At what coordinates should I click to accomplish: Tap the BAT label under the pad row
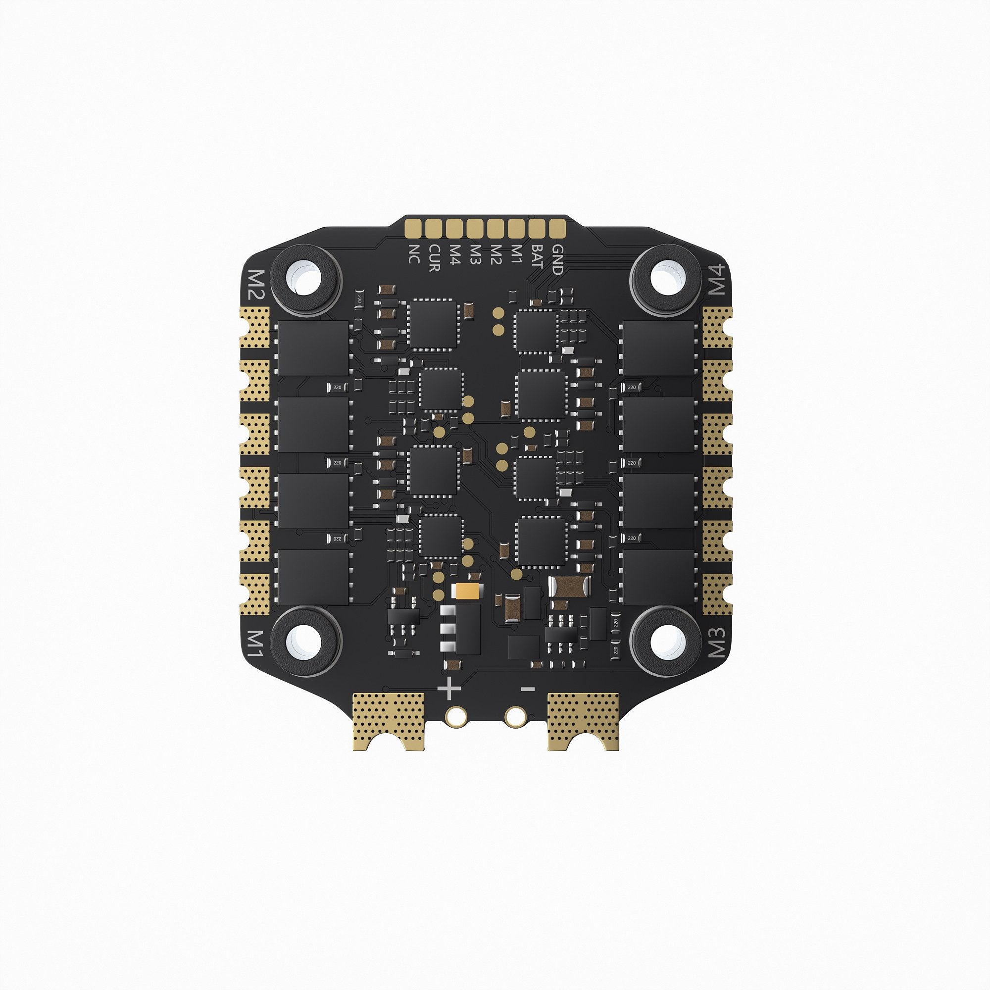(537, 257)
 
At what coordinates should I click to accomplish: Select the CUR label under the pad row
(434, 258)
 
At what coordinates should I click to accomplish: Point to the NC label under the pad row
(413, 254)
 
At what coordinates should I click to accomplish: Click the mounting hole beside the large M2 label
(306, 279)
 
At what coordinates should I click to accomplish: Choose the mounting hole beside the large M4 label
(666, 279)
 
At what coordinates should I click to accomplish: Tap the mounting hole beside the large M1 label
(306, 640)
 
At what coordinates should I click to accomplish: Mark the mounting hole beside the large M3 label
(666, 640)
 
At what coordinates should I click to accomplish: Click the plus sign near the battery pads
(449, 689)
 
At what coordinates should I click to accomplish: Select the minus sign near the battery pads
(528, 689)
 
